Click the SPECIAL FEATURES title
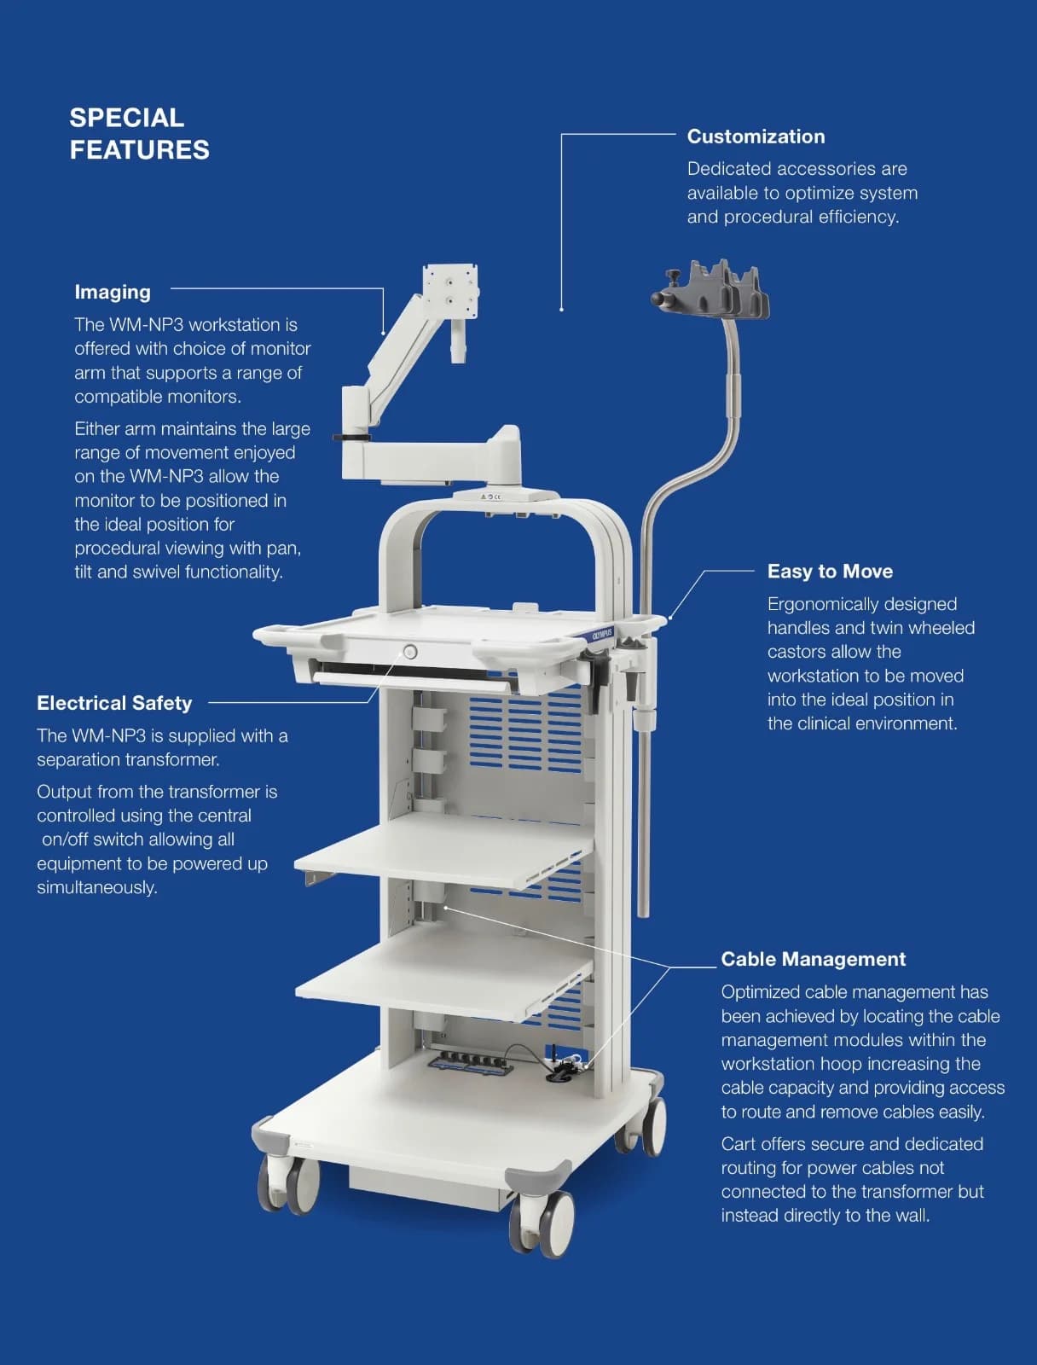tap(139, 134)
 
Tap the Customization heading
tap(756, 136)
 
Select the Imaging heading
tap(113, 293)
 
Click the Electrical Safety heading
tap(114, 703)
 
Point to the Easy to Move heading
tap(830, 571)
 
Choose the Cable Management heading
tap(813, 959)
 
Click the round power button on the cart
tap(409, 652)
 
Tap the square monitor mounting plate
tap(450, 290)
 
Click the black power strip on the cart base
tap(471, 1061)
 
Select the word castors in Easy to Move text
tap(795, 652)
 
